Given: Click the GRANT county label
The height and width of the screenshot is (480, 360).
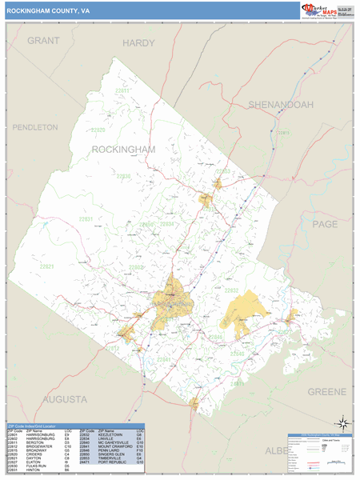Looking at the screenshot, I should click(x=43, y=40).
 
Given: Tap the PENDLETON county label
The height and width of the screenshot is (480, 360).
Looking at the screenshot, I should click(x=30, y=127).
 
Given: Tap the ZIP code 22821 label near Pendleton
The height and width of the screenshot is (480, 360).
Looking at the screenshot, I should click(x=47, y=266).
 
